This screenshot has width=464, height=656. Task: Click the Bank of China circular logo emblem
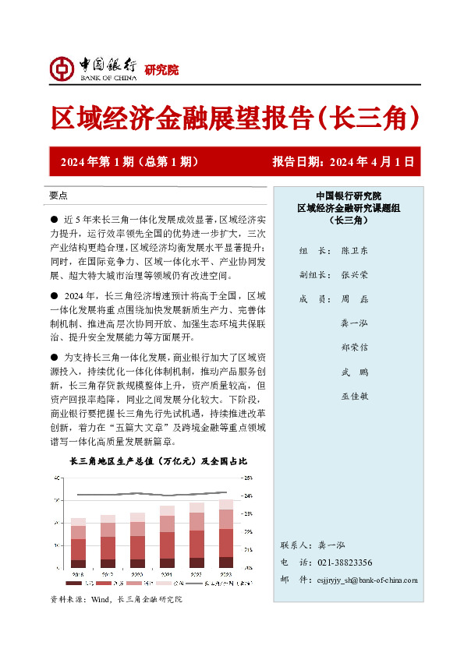[x=61, y=69]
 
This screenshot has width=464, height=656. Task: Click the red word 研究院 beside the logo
[x=161, y=70]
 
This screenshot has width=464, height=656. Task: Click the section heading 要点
[x=58, y=196]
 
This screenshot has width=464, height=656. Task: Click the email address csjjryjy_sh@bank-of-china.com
[x=368, y=580]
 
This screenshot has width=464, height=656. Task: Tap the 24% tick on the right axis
[x=248, y=496]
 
